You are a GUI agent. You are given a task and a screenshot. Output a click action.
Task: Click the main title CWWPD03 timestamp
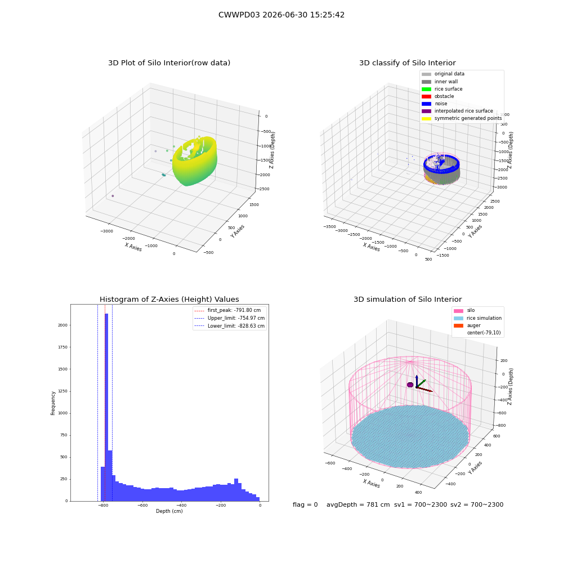point(281,15)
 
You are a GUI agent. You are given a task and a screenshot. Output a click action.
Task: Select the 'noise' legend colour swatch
point(426,104)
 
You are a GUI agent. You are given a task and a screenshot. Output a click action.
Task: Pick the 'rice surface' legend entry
point(442,89)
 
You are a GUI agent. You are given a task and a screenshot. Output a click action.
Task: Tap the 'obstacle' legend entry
point(437,96)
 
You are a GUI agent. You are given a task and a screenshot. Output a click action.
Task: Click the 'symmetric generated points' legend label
point(468,118)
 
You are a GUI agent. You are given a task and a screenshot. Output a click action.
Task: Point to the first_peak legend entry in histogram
point(227,310)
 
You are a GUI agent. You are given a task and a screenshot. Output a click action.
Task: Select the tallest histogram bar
point(106,407)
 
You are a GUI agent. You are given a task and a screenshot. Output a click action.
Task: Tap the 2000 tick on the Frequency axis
point(63,325)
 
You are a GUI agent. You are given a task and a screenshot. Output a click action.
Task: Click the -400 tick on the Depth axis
point(181,506)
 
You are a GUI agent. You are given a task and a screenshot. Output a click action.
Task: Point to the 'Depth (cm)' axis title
point(169,511)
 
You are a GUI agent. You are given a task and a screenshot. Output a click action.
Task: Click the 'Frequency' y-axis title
point(53,403)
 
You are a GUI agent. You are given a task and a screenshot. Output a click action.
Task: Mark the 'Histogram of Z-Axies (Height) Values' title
point(169,300)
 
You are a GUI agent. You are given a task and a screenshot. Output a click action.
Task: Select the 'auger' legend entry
point(467,325)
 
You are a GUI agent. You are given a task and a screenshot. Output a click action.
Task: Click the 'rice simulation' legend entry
point(477,318)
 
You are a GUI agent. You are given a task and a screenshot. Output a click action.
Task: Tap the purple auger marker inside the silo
point(410,385)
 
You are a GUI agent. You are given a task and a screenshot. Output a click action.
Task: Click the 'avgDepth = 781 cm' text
point(358,505)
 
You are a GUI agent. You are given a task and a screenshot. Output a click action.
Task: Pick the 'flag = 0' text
point(305,505)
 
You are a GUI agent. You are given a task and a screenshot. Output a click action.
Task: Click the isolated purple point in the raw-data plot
point(113,196)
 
